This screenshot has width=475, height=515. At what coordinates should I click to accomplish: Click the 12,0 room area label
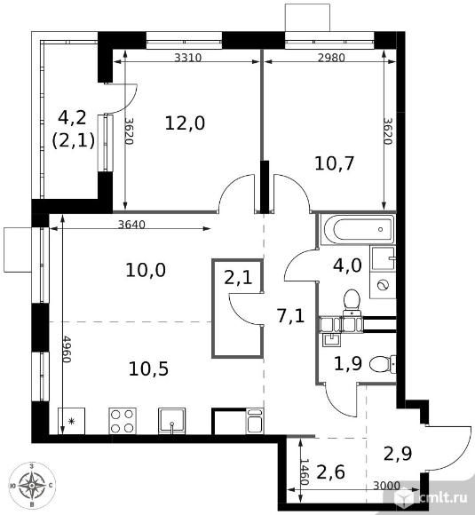[x=185, y=123]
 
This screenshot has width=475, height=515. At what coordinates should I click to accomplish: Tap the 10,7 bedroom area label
[x=335, y=163]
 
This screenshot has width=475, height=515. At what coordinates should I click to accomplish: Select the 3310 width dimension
[x=187, y=58]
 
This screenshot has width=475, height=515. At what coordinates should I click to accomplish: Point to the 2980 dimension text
[x=331, y=58]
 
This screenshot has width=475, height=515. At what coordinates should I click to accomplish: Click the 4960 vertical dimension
[x=67, y=349]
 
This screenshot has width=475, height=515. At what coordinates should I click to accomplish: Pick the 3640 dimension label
[x=131, y=225]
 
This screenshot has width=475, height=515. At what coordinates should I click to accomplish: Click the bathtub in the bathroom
[x=359, y=230]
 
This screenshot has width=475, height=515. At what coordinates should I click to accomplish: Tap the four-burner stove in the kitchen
[x=123, y=421]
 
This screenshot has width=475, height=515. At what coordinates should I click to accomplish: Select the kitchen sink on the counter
[x=171, y=421]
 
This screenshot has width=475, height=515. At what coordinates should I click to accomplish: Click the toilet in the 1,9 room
[x=383, y=364]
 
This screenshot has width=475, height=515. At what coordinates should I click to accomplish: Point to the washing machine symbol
[x=383, y=285]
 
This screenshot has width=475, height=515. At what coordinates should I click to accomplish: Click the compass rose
[x=32, y=485]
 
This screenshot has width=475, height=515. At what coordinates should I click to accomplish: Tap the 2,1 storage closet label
[x=238, y=278]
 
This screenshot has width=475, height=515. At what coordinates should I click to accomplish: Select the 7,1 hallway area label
[x=291, y=316]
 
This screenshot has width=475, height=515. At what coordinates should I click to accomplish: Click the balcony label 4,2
[x=72, y=117]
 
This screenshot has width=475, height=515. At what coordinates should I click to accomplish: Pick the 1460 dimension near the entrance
[x=305, y=472]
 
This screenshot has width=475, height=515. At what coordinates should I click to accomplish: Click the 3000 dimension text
[x=386, y=486]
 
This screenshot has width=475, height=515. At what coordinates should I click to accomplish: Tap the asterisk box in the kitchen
[x=71, y=421]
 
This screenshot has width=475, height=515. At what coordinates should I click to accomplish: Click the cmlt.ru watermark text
[x=443, y=497]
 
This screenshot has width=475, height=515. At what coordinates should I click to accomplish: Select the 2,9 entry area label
[x=398, y=454]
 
